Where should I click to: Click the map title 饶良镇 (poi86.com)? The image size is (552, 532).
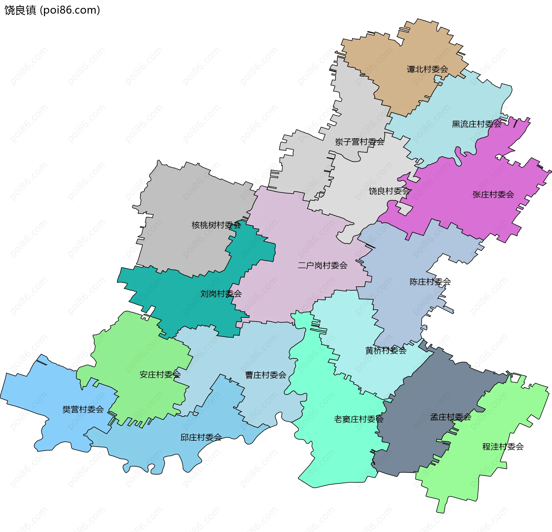(52, 10)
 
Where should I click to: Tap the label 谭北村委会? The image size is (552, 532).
(427, 69)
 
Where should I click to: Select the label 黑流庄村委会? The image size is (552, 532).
(476, 124)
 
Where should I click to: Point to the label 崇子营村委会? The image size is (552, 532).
(359, 142)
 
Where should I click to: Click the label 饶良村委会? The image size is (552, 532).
(390, 191)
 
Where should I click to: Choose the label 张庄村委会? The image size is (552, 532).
(493, 194)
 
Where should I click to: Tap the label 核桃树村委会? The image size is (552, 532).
(216, 225)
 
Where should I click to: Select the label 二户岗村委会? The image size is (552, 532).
(323, 265)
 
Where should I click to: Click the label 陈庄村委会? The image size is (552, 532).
(430, 282)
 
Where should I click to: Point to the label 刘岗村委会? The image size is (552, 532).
(221, 294)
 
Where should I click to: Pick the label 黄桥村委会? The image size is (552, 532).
(386, 350)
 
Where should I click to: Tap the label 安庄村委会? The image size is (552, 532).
(160, 374)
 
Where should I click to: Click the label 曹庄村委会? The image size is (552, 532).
(266, 375)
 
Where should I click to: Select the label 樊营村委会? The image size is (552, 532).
(83, 409)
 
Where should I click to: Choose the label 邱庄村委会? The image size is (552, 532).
(201, 437)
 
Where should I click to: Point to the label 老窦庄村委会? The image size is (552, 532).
(359, 419)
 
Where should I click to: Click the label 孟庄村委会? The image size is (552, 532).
(451, 417)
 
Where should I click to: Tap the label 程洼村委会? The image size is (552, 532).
(503, 446)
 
